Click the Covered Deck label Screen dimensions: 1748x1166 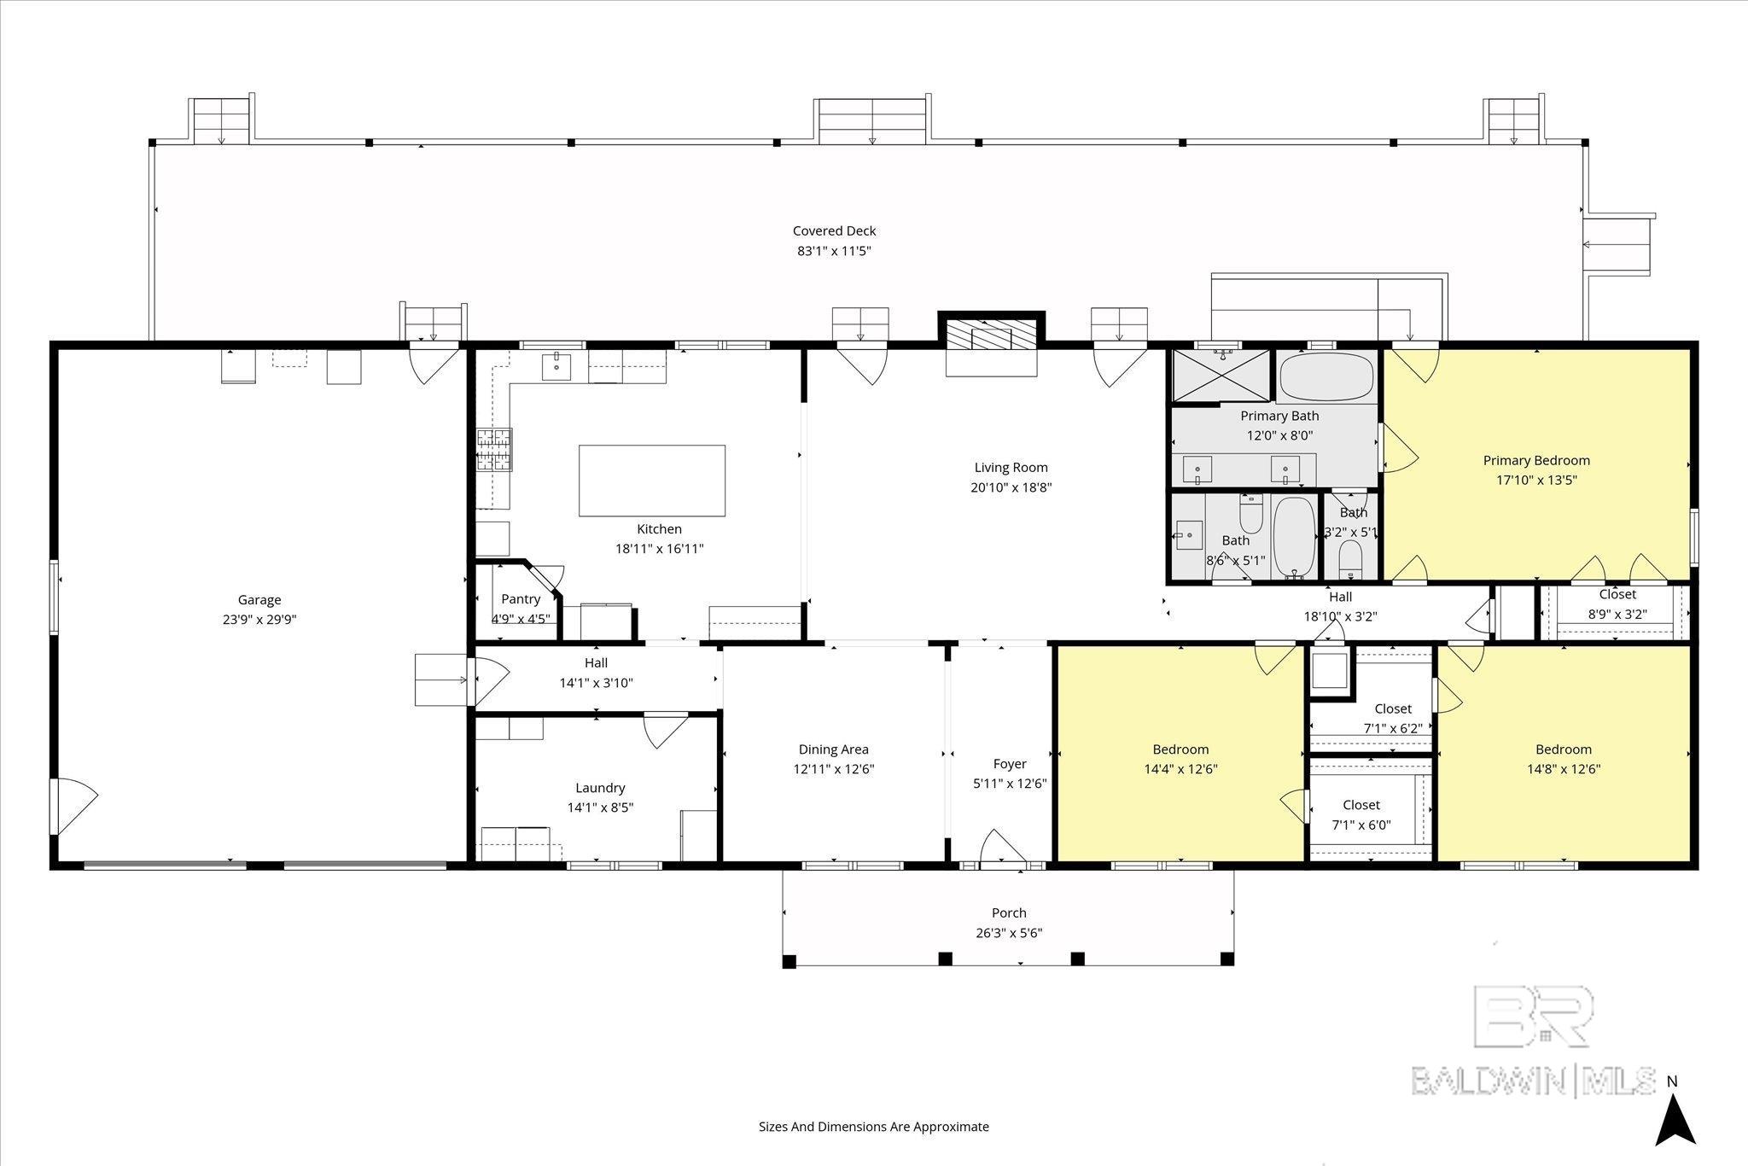834,230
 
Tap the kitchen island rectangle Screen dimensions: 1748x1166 652,481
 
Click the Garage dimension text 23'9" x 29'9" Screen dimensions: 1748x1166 259,620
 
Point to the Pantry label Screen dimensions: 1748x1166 521,599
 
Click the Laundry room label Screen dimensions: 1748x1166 600,788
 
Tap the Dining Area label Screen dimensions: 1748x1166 834,749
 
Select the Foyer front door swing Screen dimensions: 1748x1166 1002,848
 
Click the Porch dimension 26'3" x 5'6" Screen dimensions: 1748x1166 1009,933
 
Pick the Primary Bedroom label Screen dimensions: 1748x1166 1536,460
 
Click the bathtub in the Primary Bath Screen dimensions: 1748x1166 1327,377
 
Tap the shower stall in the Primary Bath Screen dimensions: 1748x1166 1222,376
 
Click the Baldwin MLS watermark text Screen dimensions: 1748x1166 1533,1081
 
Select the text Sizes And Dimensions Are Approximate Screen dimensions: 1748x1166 874,1127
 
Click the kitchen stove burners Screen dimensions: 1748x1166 494,449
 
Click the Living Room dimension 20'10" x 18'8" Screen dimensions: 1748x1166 1011,487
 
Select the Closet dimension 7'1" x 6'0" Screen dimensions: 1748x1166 1361,825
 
